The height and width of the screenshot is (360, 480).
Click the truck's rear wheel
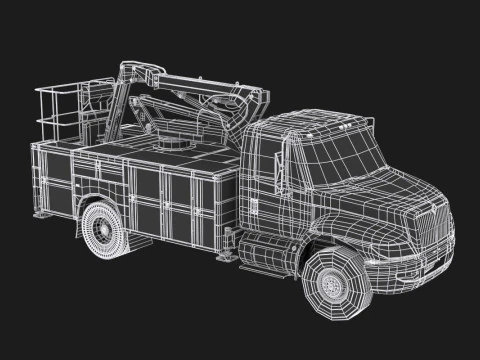[106, 232]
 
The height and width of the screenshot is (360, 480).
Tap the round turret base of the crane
[178, 146]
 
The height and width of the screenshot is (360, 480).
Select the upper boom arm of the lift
[200, 86]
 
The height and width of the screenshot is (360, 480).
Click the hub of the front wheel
[332, 285]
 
